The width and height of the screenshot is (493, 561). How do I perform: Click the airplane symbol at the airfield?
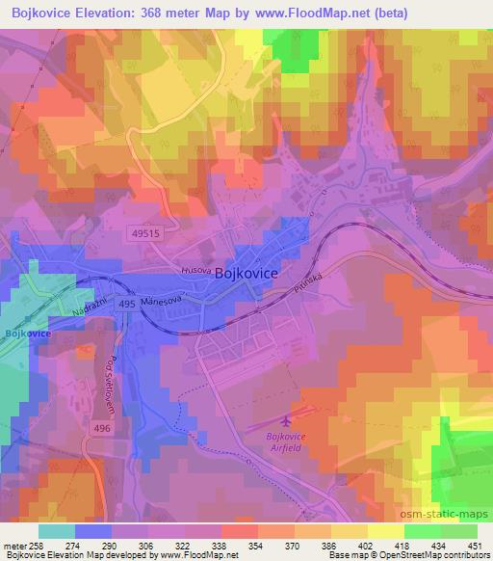tap(285, 420)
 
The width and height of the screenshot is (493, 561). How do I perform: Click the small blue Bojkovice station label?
tap(26, 334)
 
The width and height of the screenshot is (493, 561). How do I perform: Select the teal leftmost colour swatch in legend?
tap(57, 531)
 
